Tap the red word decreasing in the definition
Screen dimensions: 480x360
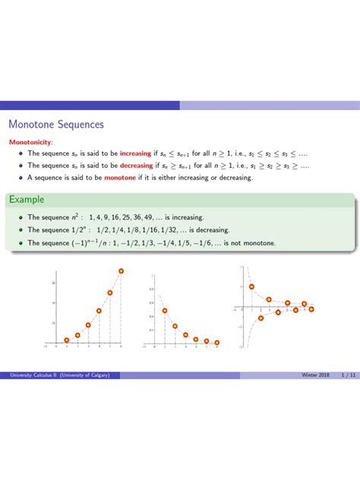coord(135,166)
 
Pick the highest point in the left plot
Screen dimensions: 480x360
coord(121,271)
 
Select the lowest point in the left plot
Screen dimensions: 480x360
coord(67,340)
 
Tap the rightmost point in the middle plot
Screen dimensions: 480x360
coord(217,342)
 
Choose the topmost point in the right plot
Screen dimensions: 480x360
coord(251,287)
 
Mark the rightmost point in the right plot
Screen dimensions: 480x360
coord(313,308)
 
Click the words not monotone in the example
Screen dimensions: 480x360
coord(257,243)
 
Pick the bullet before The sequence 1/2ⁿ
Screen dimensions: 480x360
coord(19,230)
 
